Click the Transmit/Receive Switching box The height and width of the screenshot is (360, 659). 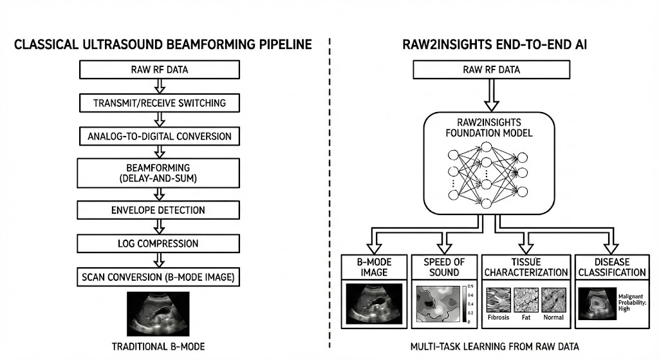pyautogui.click(x=158, y=103)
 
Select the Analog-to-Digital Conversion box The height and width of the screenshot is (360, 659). pyautogui.click(x=158, y=137)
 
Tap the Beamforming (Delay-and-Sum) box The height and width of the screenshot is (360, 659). pyautogui.click(x=158, y=173)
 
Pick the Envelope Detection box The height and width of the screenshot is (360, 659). pyautogui.click(x=158, y=210)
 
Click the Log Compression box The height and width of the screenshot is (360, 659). pyautogui.click(x=158, y=243)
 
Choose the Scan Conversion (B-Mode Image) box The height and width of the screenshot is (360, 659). pyautogui.click(x=158, y=278)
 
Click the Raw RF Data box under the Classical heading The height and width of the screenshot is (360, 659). pyautogui.click(x=158, y=70)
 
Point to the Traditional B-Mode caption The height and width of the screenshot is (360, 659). pyautogui.click(x=158, y=346)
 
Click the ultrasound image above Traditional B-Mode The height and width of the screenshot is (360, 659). pyautogui.click(x=158, y=313)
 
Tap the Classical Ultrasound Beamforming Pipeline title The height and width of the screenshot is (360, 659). pyautogui.click(x=163, y=45)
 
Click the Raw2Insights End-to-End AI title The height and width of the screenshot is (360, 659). pyautogui.click(x=491, y=45)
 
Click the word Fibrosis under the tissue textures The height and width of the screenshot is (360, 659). pyautogui.click(x=499, y=317)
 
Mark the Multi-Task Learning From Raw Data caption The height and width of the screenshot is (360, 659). pyautogui.click(x=494, y=346)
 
